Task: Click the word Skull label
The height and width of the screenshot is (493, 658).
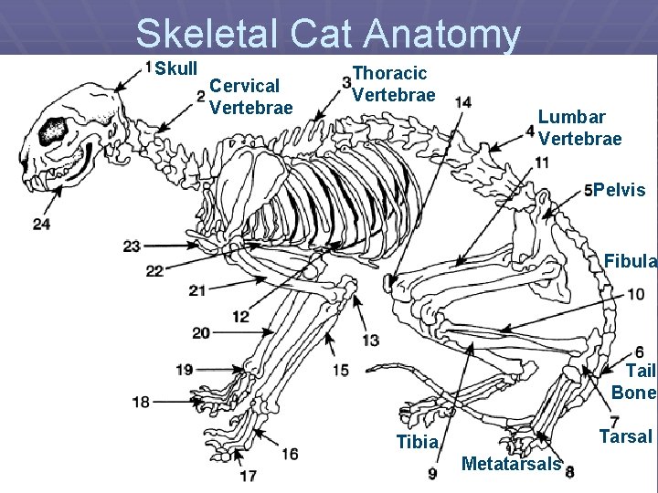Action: pyautogui.click(x=176, y=69)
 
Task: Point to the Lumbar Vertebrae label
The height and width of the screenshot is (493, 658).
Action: pyautogui.click(x=579, y=128)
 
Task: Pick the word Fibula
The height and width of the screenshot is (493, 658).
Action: pyautogui.click(x=630, y=262)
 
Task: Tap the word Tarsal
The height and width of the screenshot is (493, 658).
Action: pyautogui.click(x=625, y=436)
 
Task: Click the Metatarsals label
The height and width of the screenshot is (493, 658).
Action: pyautogui.click(x=511, y=464)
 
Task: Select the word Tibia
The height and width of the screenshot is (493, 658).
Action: pyautogui.click(x=417, y=443)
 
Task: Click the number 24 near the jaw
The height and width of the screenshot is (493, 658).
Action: pyautogui.click(x=41, y=224)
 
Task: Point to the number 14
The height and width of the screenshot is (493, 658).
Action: pyautogui.click(x=463, y=102)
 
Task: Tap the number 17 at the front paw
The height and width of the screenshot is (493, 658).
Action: pyautogui.click(x=248, y=475)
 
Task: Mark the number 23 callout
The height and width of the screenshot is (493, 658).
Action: pyautogui.click(x=132, y=246)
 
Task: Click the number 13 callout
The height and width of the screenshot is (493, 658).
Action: pyautogui.click(x=370, y=340)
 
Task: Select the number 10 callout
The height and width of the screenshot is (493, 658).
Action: pyautogui.click(x=636, y=294)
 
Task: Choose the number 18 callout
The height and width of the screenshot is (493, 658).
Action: pyautogui.click(x=141, y=402)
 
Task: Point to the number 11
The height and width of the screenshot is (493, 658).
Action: pyautogui.click(x=542, y=163)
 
